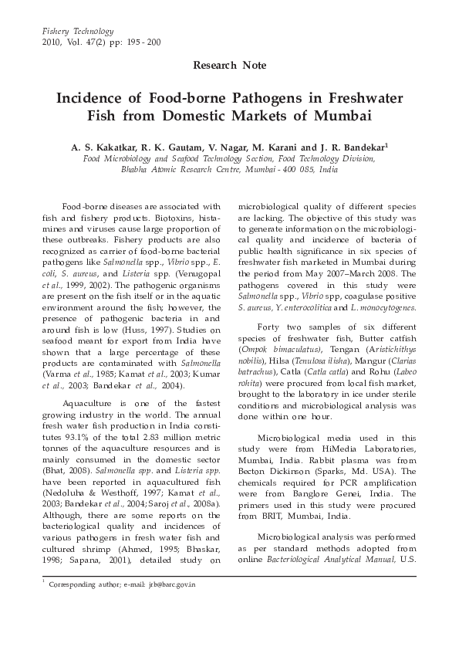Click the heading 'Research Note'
coord(229,67)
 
